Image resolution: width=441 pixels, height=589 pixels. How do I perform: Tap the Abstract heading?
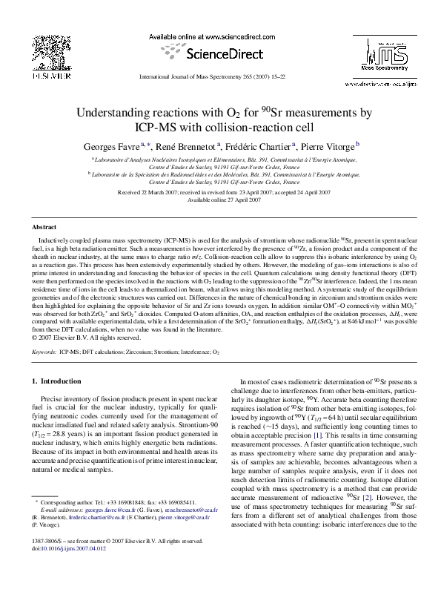43,226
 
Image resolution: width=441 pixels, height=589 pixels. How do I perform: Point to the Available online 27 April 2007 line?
219,200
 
